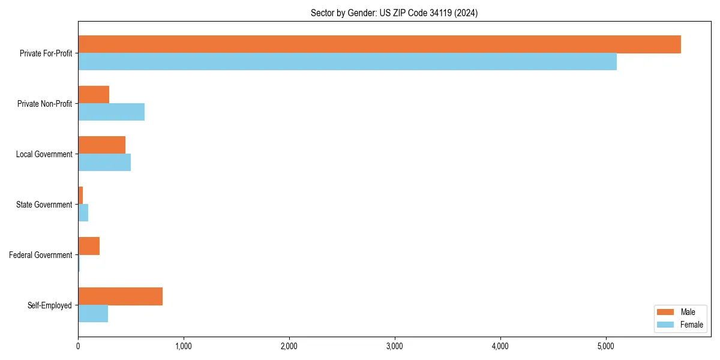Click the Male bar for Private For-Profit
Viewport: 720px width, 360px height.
[x=379, y=44]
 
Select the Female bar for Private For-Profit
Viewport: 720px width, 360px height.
[x=347, y=62]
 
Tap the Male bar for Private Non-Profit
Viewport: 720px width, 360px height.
[x=94, y=95]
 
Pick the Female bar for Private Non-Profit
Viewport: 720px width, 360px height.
[x=111, y=112]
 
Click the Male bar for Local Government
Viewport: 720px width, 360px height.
[x=101, y=145]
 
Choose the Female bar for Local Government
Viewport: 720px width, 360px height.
[x=104, y=163]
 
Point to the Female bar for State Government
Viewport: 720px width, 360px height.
[x=83, y=213]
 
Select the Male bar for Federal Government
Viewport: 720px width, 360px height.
[x=89, y=246]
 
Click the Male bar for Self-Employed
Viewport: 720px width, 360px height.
[x=120, y=296]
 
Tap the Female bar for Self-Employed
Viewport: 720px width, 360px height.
[x=93, y=314]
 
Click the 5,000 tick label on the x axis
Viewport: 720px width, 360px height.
[x=606, y=346]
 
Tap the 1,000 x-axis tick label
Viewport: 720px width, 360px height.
[x=184, y=346]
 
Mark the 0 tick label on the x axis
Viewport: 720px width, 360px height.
[x=78, y=346]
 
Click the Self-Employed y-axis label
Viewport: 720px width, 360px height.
[x=50, y=305]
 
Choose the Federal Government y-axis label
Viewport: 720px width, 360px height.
[x=41, y=255]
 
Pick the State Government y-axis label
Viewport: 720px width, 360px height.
[x=44, y=205]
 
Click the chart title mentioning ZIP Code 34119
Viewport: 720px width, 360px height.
[x=394, y=13]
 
